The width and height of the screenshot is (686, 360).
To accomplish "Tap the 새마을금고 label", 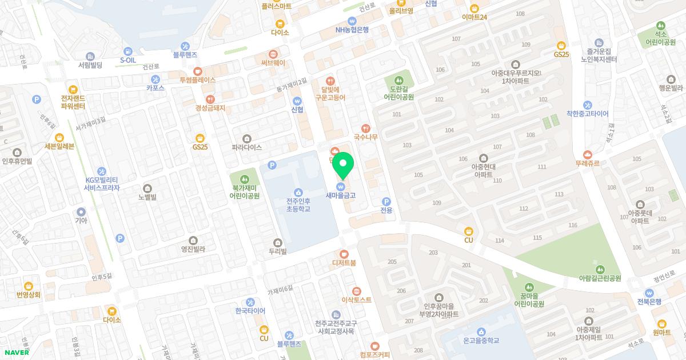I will (x=341, y=195).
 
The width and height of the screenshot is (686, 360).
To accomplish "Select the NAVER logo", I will (x=17, y=353).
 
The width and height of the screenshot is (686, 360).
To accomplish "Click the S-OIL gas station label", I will (x=128, y=60).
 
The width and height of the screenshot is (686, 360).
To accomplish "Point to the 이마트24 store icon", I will (x=474, y=8).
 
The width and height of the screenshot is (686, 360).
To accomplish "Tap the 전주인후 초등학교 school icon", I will (x=298, y=192).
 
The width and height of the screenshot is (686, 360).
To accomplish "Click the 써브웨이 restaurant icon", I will (x=273, y=54).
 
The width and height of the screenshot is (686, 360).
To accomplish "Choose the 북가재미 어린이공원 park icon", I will (x=245, y=178).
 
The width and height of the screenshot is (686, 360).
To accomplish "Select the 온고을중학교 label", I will (x=481, y=340).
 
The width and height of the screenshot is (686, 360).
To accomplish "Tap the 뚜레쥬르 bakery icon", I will (x=588, y=154).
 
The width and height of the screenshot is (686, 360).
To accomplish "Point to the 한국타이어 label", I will (x=250, y=311).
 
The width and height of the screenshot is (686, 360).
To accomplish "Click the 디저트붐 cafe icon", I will (x=344, y=254).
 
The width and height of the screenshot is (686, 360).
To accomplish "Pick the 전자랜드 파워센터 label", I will (x=73, y=102).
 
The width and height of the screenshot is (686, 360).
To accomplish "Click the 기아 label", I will (x=81, y=220).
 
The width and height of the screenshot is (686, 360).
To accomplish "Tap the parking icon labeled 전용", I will (x=386, y=201).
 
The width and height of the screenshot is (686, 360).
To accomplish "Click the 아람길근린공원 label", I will (x=599, y=278).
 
